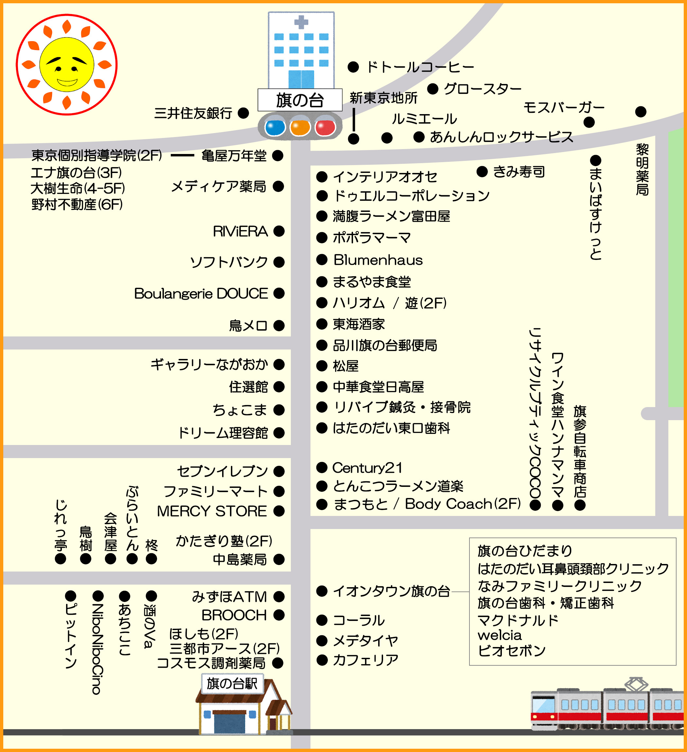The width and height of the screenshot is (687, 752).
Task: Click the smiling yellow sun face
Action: pyautogui.click(x=67, y=64)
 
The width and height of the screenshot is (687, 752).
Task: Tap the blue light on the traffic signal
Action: pyautogui.click(x=275, y=127)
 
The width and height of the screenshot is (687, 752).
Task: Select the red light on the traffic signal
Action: pyautogui.click(x=325, y=127)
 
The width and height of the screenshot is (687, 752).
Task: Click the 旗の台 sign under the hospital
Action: pyautogui.click(x=300, y=100)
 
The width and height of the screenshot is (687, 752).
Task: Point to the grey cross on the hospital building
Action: pyautogui.click(x=301, y=22)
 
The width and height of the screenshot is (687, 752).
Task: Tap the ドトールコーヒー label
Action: pyautogui.click(x=420, y=67)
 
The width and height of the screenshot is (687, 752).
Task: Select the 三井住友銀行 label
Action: pyautogui.click(x=193, y=113)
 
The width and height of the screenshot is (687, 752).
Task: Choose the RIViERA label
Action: pyautogui.click(x=240, y=231)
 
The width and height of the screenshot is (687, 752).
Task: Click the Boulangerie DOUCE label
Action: pyautogui.click(x=201, y=294)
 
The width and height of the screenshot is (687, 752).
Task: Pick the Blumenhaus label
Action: pyautogui.click(x=378, y=260)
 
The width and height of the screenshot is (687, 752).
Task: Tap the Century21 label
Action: pyautogui.click(x=367, y=468)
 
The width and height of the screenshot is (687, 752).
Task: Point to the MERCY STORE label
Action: pyautogui.click(x=212, y=511)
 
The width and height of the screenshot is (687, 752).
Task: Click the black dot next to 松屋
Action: pyautogui.click(x=322, y=366)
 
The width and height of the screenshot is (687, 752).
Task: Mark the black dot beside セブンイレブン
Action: pyautogui.click(x=279, y=471)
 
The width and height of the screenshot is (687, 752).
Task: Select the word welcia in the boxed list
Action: pyautogui.click(x=499, y=635)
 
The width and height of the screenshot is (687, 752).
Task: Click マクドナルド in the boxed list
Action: pyautogui.click(x=518, y=620)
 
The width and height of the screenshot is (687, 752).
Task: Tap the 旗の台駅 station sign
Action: pyautogui.click(x=232, y=683)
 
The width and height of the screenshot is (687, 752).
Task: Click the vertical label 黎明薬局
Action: pyautogui.click(x=642, y=170)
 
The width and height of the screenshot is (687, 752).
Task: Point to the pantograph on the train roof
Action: pyautogui.click(x=636, y=684)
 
